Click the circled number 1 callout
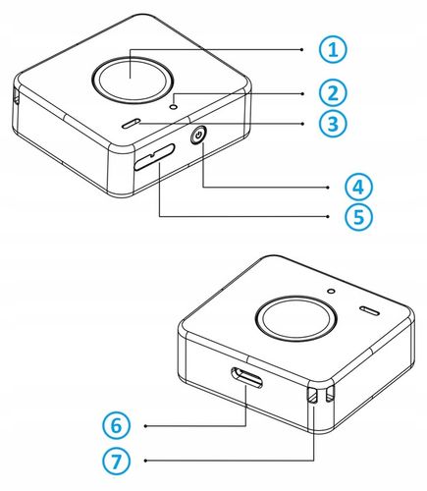(x=333, y=50)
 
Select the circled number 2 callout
(x=333, y=93)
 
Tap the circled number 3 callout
(x=333, y=124)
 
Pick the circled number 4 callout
(x=358, y=188)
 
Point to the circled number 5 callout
(x=358, y=216)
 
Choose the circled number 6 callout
(x=116, y=425)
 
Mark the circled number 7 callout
(x=116, y=461)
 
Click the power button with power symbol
(x=198, y=136)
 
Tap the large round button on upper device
(x=132, y=80)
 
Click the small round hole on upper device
(x=175, y=106)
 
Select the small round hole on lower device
(x=332, y=291)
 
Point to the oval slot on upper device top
(x=131, y=123)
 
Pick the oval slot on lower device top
(x=370, y=311)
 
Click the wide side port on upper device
(x=154, y=157)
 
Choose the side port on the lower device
(x=246, y=377)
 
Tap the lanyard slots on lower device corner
(x=320, y=396)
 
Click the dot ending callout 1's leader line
(x=301, y=49)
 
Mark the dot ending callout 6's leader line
(x=145, y=426)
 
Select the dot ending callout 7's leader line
(x=145, y=461)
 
